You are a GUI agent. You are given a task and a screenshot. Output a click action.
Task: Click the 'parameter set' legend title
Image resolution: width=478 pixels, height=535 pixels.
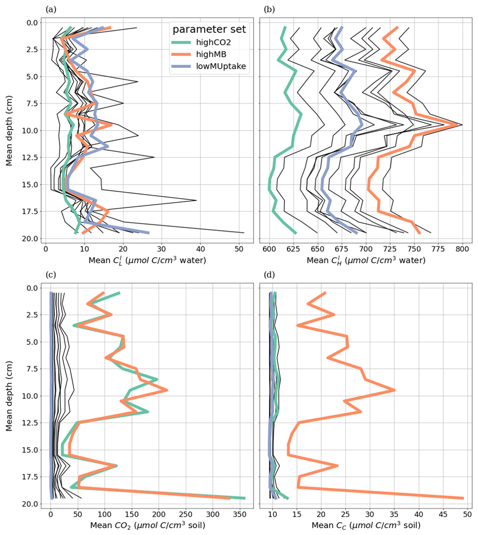click(x=209, y=30)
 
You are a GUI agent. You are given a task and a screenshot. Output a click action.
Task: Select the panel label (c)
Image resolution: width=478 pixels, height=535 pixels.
click(x=50, y=275)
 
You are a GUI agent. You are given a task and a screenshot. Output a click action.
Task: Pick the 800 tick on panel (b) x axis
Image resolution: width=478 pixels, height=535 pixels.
click(x=462, y=249)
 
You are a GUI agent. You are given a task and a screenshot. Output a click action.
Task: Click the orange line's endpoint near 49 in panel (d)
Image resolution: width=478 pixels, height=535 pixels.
click(x=463, y=498)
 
